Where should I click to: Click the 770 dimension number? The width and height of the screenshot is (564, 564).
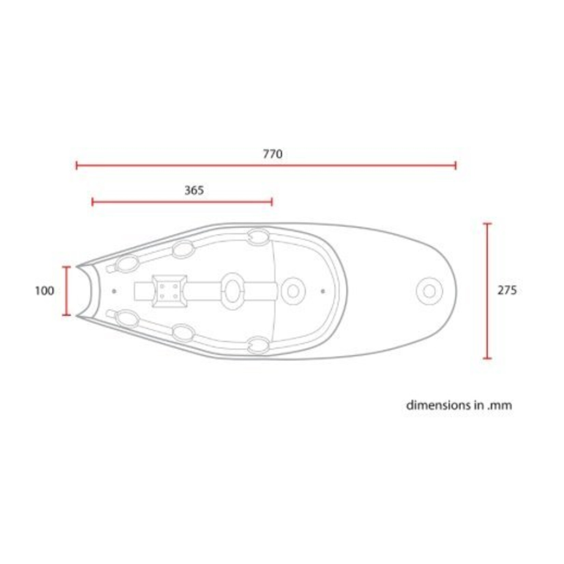pos(272,154)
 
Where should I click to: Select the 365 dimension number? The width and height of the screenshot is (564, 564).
pos(194,191)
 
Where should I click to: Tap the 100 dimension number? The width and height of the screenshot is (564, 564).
pos(45,291)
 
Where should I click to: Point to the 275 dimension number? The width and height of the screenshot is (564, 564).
pos(507,291)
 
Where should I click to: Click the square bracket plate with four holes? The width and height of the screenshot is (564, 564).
pos(169,291)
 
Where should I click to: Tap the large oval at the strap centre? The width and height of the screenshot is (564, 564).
pos(232,291)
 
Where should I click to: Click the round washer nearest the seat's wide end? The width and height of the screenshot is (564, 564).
pos(429,292)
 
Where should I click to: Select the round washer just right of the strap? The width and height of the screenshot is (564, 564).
pos(293,291)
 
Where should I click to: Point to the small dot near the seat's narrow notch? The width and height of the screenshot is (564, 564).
pos(114,291)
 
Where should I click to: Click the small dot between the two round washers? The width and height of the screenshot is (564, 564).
pos(323,291)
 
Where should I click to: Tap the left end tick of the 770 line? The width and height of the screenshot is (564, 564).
pos(77,166)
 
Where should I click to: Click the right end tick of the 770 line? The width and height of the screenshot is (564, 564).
pos(455,166)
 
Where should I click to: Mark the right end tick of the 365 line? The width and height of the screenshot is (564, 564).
pos(272,202)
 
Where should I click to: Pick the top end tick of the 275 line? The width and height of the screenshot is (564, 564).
pos(488,224)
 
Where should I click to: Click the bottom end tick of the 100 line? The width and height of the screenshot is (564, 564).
pos(67,315)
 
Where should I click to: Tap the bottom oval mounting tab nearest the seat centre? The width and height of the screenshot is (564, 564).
pos(258,345)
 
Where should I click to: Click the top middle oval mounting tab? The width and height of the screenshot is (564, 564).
pos(183,249)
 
